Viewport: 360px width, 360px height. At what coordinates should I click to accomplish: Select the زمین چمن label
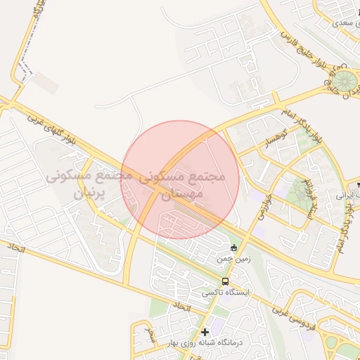point(233,259)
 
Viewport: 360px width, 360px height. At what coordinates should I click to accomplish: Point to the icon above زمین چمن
point(233,247)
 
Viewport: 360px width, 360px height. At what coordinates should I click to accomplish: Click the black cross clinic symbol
point(205,332)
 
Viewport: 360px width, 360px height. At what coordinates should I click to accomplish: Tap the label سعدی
point(341,23)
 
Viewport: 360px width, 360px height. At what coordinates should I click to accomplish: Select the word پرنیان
point(89,192)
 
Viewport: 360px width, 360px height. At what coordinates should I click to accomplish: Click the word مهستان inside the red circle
point(186,191)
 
